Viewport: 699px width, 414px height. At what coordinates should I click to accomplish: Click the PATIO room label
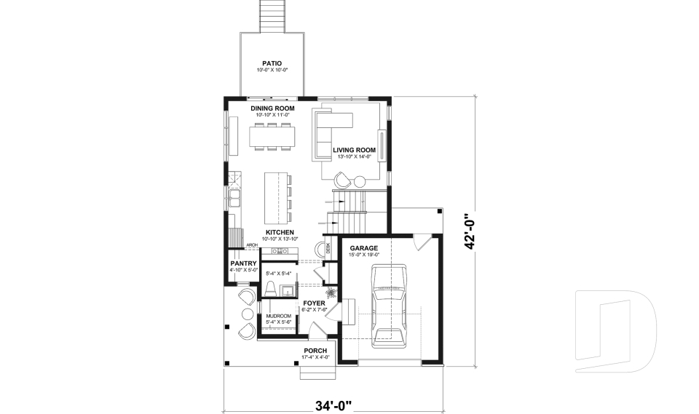[272, 63]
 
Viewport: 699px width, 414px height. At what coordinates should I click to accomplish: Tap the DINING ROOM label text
[272, 108]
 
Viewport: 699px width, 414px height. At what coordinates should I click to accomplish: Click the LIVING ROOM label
[354, 150]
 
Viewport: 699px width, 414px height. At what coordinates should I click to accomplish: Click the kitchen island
[274, 197]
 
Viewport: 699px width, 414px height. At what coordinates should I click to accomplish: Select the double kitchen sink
[234, 196]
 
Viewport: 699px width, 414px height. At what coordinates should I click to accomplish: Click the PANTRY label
[242, 263]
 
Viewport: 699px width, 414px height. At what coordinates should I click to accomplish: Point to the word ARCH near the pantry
[252, 246]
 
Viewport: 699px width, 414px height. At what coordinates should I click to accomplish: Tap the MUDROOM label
[278, 316]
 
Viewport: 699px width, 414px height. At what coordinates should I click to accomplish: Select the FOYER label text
[314, 303]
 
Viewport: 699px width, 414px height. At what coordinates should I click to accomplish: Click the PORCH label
[315, 351]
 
